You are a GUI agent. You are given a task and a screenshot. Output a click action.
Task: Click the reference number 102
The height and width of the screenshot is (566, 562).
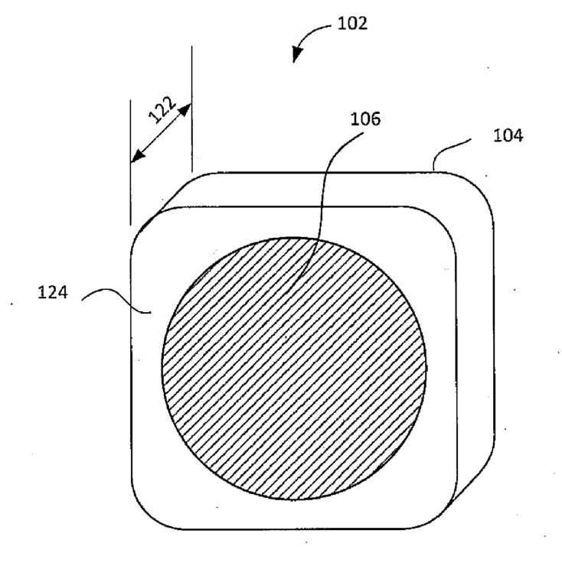[x=352, y=24]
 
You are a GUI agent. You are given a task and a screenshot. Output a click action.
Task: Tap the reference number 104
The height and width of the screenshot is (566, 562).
[x=508, y=135]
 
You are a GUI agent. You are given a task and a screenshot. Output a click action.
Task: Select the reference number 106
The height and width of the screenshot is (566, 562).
[x=365, y=119]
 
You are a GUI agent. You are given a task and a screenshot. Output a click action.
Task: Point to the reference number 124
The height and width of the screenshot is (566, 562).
[x=53, y=292]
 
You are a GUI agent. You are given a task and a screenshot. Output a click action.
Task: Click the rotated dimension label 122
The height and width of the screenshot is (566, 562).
[x=162, y=109]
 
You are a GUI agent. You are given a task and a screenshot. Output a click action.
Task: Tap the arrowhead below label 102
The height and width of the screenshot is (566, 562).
[x=296, y=55]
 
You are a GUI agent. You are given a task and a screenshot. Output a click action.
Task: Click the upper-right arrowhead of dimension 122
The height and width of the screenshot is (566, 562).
[x=185, y=109]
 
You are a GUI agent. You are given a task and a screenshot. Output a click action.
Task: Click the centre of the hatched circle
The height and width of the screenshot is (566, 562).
[x=294, y=369]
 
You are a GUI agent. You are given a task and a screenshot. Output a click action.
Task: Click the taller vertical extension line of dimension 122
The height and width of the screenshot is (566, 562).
[x=192, y=109]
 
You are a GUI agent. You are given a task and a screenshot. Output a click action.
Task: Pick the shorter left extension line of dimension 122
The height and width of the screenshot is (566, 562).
[x=130, y=162]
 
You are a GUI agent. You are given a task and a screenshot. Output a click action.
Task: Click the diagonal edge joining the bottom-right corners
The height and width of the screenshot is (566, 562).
[x=472, y=483]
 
